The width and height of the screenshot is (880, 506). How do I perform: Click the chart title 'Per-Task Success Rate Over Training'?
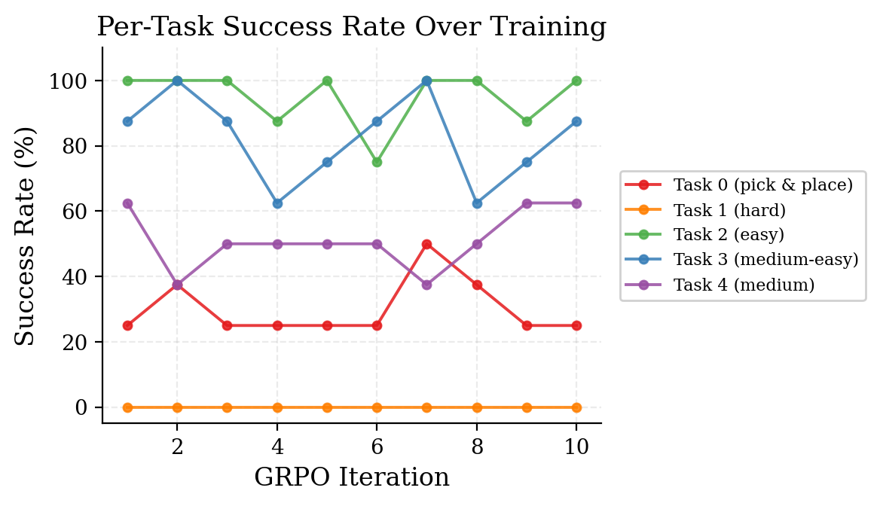pos(351,27)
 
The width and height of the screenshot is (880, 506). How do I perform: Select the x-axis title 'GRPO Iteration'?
pos(351,477)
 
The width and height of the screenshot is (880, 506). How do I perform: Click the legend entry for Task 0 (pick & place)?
pos(762,184)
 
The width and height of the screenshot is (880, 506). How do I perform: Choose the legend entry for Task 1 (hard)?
pos(729,210)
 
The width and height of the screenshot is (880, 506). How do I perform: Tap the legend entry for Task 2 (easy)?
pos(729,235)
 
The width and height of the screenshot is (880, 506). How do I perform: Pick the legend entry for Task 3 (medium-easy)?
pos(765,260)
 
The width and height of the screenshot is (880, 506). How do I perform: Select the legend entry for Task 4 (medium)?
pos(744,285)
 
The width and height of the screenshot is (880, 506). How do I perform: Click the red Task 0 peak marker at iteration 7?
pos(426,244)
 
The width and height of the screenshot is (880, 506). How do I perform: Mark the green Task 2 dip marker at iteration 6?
pos(377,162)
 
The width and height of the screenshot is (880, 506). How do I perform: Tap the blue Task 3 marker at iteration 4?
pos(277,203)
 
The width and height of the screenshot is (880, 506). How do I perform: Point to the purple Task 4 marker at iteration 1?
pos(127,203)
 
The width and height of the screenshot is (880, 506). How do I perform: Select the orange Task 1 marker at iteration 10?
pos(576,407)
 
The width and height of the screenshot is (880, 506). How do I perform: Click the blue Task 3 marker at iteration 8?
pos(477,203)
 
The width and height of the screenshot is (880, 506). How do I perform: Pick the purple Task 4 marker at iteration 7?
pos(426,285)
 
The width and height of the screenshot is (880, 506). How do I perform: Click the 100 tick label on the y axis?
pos(67,81)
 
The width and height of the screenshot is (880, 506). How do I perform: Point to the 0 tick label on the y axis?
pos(80,408)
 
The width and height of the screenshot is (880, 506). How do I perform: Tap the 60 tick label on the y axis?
pos(73,212)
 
